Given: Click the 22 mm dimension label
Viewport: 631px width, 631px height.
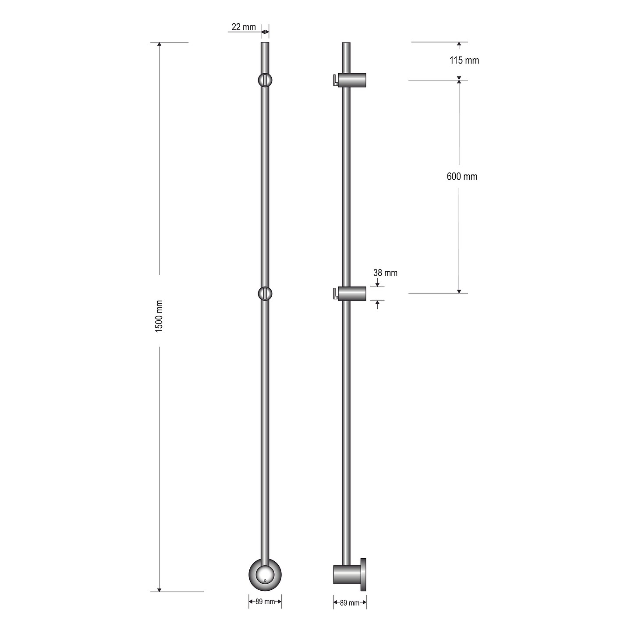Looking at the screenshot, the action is pyautogui.click(x=244, y=27).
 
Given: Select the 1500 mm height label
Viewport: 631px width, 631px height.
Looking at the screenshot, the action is pyautogui.click(x=159, y=316).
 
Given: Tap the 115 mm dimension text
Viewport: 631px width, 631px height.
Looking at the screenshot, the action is pyautogui.click(x=464, y=60).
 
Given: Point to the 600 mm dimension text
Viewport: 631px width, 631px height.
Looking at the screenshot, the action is pyautogui.click(x=462, y=177).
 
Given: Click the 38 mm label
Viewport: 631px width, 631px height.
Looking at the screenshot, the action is pyautogui.click(x=385, y=273).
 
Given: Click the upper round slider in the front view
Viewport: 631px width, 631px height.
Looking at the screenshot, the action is pyautogui.click(x=265, y=80).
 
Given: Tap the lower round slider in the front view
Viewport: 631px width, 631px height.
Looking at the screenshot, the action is pyautogui.click(x=265, y=293).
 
